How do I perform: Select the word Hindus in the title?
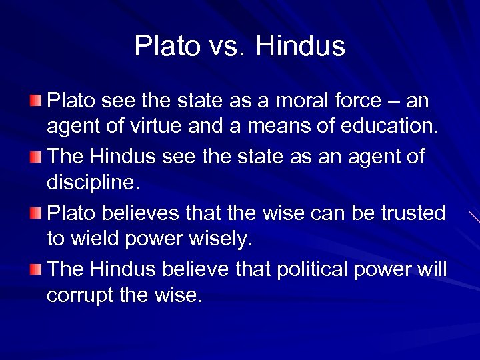click(x=300, y=47)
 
